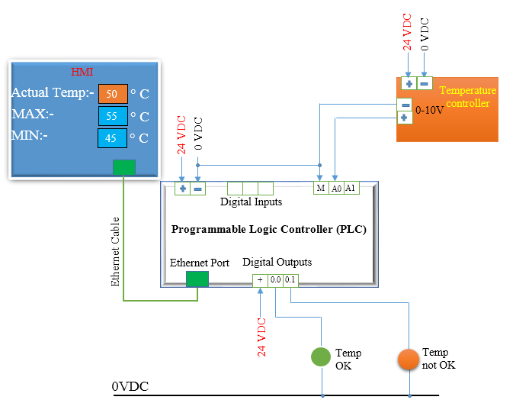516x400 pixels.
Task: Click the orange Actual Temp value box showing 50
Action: pyautogui.click(x=112, y=94)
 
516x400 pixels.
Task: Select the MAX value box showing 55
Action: pyautogui.click(x=112, y=116)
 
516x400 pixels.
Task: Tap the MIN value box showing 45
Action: pyautogui.click(x=112, y=138)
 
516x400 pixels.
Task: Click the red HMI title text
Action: pyautogui.click(x=82, y=73)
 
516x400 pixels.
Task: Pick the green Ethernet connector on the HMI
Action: pyautogui.click(x=124, y=167)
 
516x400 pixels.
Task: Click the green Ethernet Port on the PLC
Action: pyautogui.click(x=197, y=279)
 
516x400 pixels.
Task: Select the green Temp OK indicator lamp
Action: pyautogui.click(x=321, y=356)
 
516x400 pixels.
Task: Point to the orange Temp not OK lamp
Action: pyautogui.click(x=409, y=358)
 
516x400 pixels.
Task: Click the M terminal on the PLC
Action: pyautogui.click(x=321, y=188)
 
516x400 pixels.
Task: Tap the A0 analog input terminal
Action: pyautogui.click(x=336, y=188)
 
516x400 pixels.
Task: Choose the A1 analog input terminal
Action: pyautogui.click(x=351, y=188)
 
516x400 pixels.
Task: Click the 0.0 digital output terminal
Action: pyautogui.click(x=275, y=280)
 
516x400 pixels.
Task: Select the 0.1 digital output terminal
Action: pyautogui.click(x=290, y=280)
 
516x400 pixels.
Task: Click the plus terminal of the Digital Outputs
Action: pyautogui.click(x=260, y=280)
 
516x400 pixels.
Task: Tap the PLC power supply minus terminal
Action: pyautogui.click(x=198, y=189)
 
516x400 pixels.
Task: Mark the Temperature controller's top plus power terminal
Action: pyautogui.click(x=409, y=83)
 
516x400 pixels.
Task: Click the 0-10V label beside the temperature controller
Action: pyautogui.click(x=429, y=110)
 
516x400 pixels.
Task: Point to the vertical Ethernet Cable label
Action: pyautogui.click(x=116, y=251)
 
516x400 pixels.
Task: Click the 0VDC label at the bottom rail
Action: pyautogui.click(x=130, y=387)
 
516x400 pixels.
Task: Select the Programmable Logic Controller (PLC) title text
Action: pyautogui.click(x=269, y=229)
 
